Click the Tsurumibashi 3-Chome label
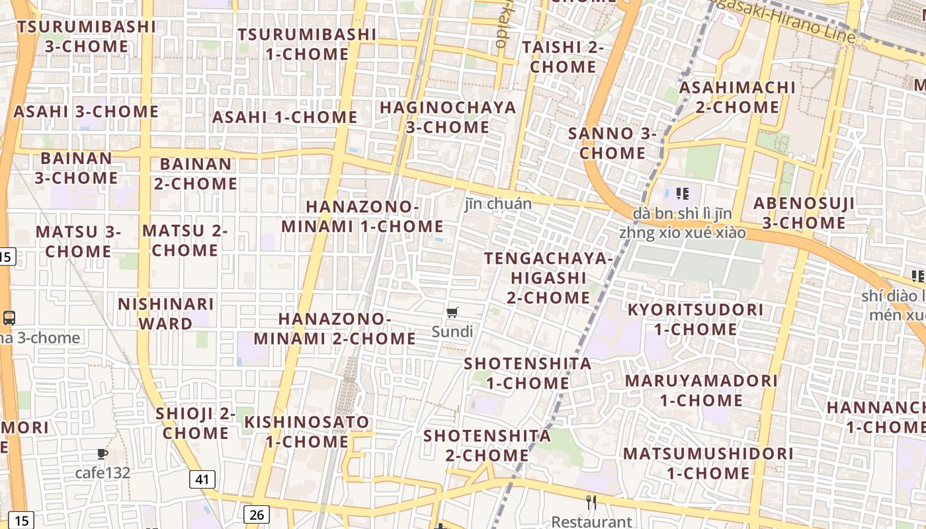tap(87, 36)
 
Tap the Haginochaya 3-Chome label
tap(448, 117)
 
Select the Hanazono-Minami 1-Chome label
tap(362, 216)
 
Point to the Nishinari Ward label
tap(165, 313)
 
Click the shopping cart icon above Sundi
tap(452, 313)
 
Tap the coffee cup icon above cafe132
tap(102, 454)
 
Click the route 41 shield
tap(202, 479)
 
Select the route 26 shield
tap(257, 514)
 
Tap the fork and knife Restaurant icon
tap(591, 503)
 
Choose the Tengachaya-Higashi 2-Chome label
tap(548, 278)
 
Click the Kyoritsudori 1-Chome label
tap(695, 319)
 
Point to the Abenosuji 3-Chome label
tap(804, 213)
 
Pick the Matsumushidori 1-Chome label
tap(708, 463)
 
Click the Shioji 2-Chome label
tap(196, 423)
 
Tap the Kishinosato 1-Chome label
tap(307, 431)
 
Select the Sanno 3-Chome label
tap(612, 143)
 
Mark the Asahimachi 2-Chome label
tap(737, 97)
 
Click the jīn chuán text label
tap(498, 204)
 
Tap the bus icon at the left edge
tap(9, 318)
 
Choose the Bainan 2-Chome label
tap(196, 173)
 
